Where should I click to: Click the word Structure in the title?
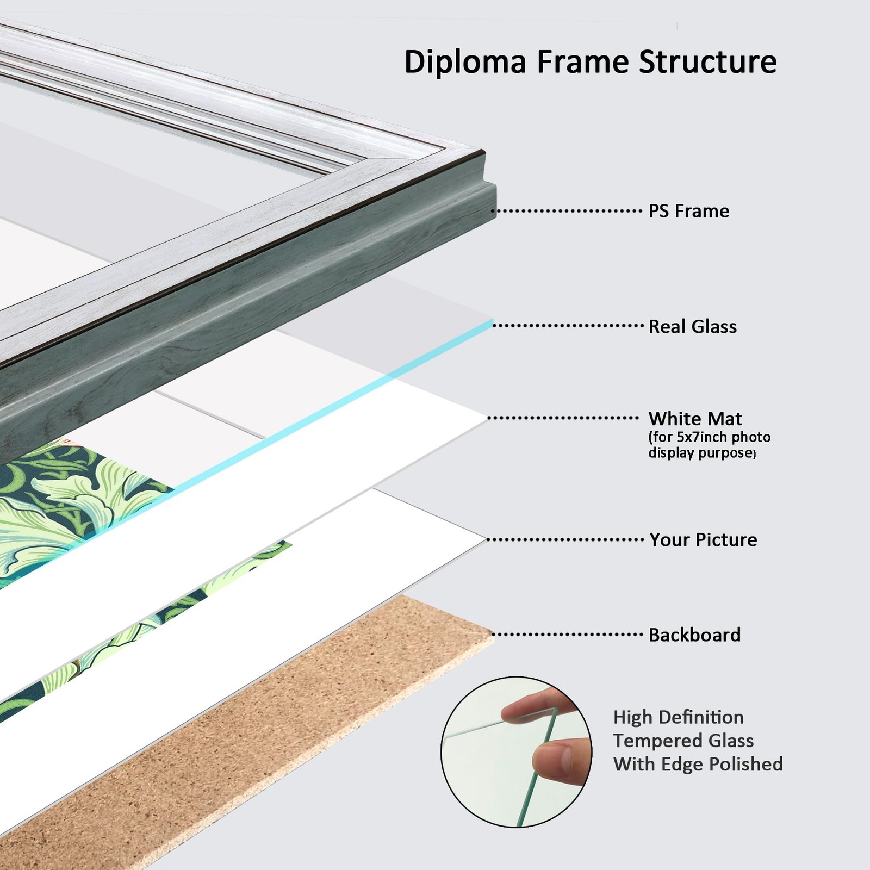(708, 61)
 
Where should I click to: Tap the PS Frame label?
(689, 211)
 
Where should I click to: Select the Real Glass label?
(693, 326)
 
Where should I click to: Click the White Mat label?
(695, 419)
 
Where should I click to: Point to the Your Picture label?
(703, 539)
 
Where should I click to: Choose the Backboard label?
(695, 635)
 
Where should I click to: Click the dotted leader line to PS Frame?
(567, 211)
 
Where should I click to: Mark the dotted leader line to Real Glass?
(568, 326)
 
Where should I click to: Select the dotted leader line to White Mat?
(563, 418)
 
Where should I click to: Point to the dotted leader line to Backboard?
(567, 634)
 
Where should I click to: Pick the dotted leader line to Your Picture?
(565, 540)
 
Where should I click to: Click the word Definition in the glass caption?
(702, 717)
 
